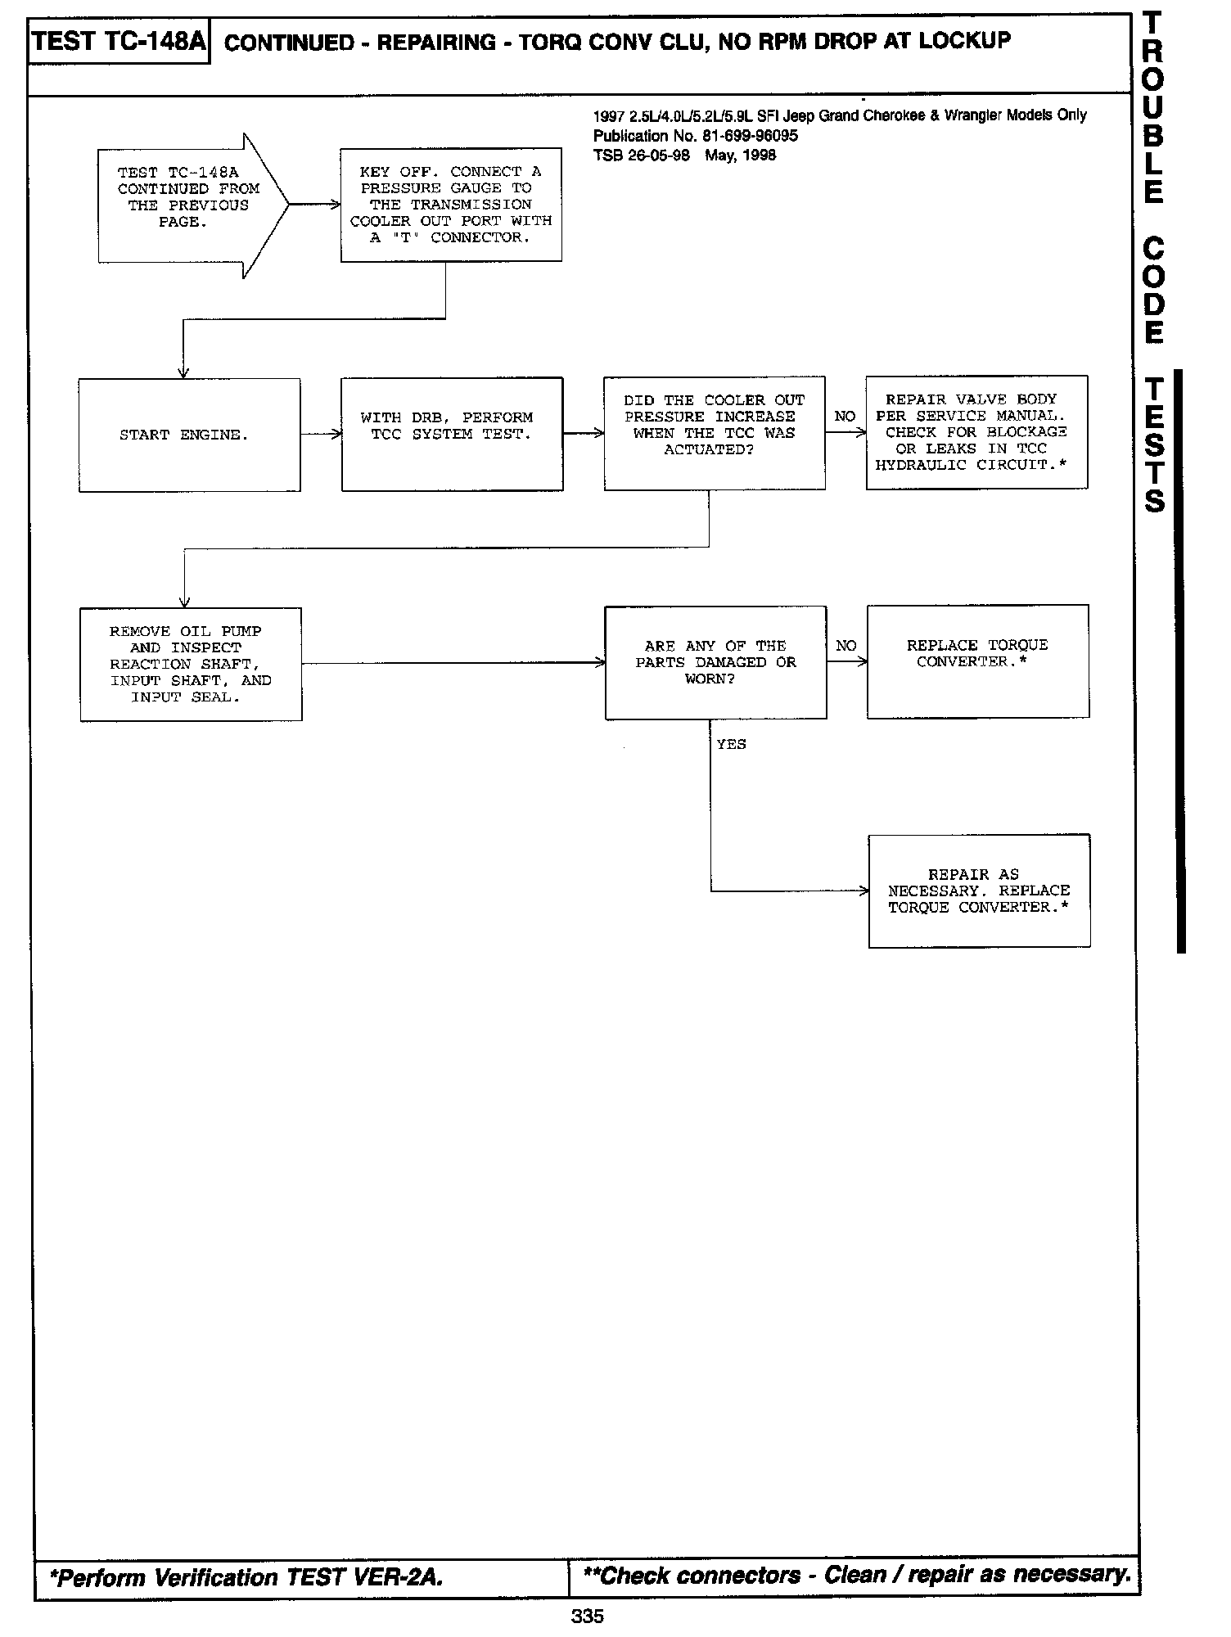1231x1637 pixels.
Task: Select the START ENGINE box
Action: click(189, 435)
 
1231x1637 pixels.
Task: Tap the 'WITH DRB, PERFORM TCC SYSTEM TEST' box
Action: click(452, 434)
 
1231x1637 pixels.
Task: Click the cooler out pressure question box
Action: click(714, 433)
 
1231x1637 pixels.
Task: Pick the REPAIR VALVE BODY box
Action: click(976, 432)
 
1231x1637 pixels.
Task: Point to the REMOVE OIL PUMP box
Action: click(191, 664)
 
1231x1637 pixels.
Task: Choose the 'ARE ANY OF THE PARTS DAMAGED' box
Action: click(715, 662)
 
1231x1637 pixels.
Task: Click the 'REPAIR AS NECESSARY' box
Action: click(979, 891)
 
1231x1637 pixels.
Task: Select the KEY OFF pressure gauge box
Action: click(451, 205)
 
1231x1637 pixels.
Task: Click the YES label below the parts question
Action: click(731, 744)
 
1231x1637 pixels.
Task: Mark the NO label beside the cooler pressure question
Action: click(845, 417)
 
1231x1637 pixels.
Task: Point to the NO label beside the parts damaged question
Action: click(846, 646)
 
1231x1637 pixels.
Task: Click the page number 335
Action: click(588, 1616)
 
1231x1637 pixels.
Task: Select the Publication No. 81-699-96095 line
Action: click(695, 136)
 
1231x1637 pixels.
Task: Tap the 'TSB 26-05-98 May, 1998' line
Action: click(684, 156)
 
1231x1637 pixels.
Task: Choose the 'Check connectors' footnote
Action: click(856, 1575)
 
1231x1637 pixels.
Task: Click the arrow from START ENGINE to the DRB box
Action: click(321, 435)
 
